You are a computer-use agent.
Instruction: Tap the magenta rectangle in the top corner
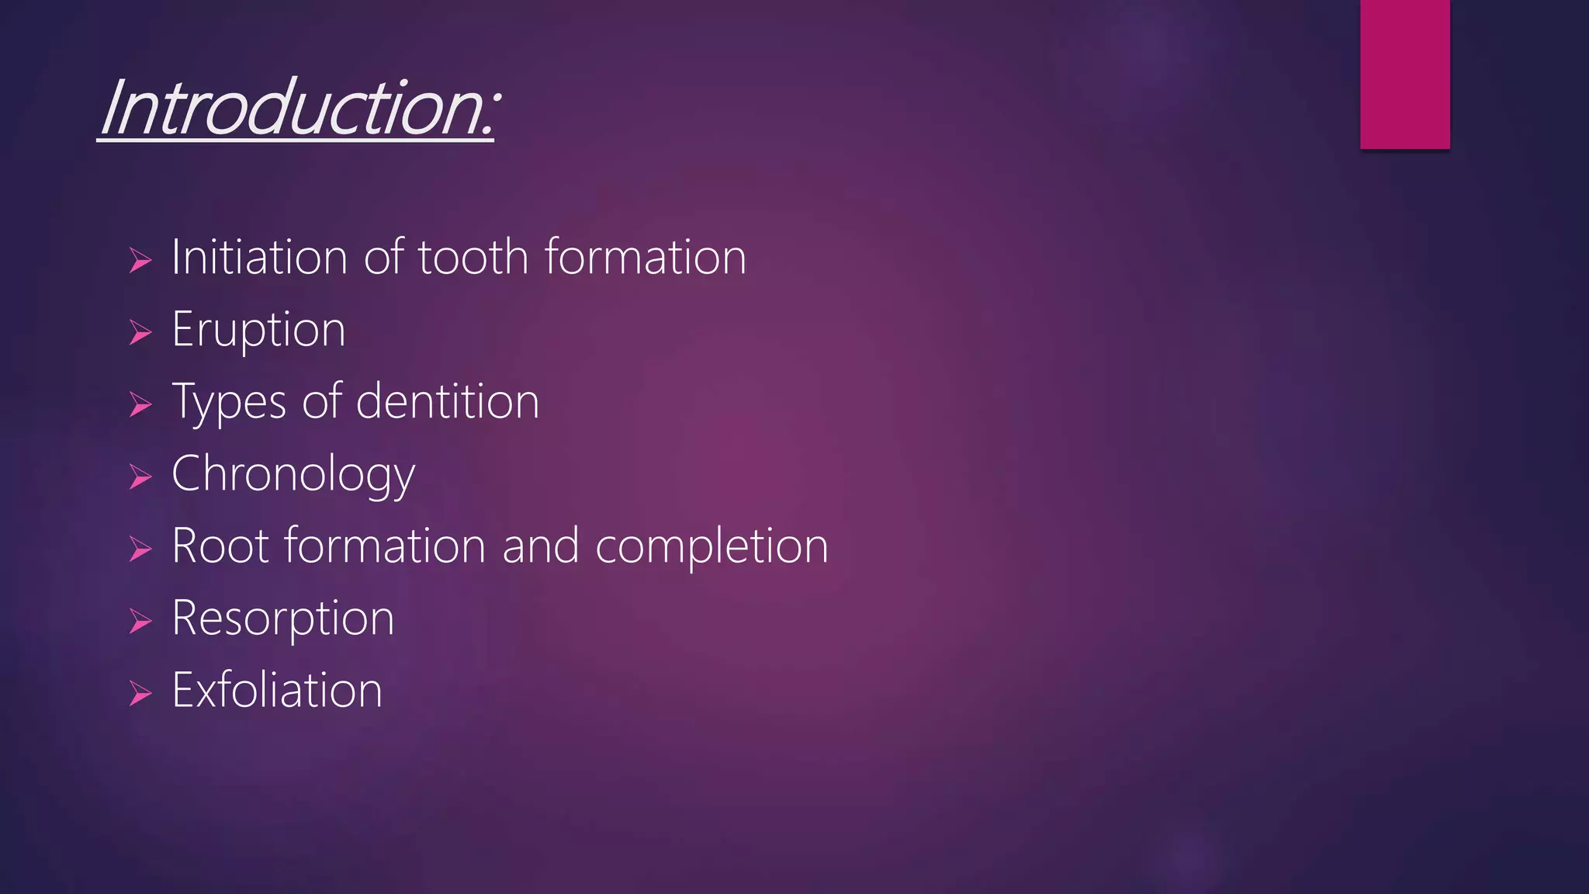pos(1404,74)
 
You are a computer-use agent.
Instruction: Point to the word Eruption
pos(258,330)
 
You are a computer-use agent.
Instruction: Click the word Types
pos(229,402)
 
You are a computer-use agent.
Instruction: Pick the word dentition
pos(447,402)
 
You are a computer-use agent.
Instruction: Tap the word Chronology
pos(293,474)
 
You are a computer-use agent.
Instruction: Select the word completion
pos(711,546)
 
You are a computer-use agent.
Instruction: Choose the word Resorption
pos(282,619)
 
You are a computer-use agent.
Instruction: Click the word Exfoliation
pos(277,690)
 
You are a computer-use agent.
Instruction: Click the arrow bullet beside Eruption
pos(140,333)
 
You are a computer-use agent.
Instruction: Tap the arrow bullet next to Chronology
pos(140,477)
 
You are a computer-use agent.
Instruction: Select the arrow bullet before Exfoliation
pos(140,693)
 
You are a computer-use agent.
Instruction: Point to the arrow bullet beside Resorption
pos(140,622)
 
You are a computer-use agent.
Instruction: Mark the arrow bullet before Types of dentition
pos(140,405)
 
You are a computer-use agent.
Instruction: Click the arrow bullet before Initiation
pos(140,261)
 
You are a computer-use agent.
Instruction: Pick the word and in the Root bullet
pos(540,546)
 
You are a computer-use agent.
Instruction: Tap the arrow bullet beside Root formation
pos(140,549)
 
